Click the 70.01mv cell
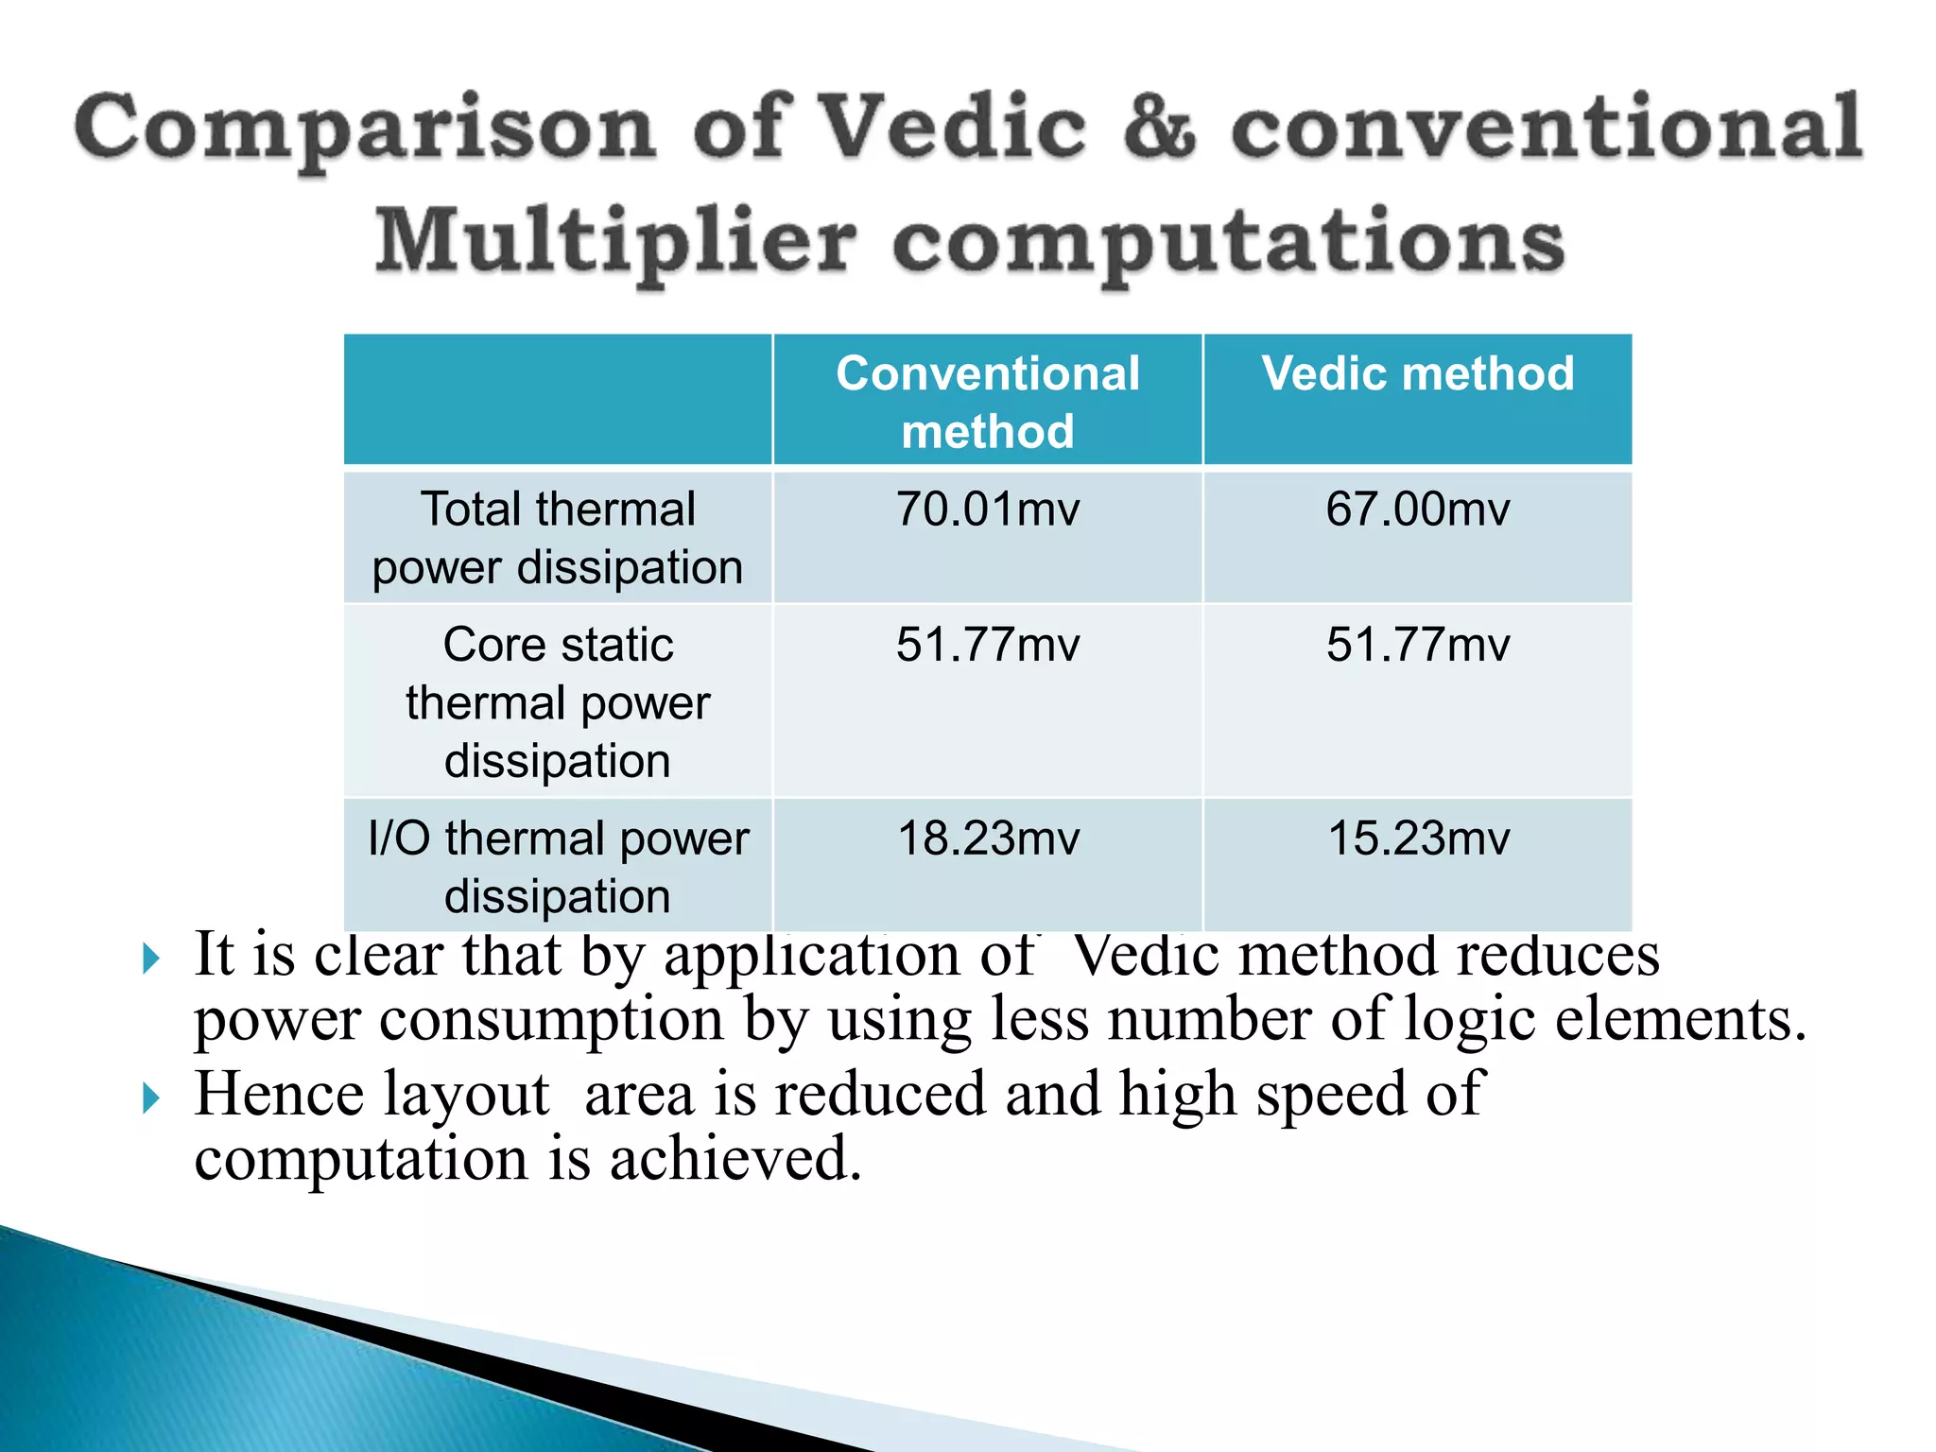tap(988, 510)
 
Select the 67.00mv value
tap(1417, 510)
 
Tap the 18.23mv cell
tap(988, 838)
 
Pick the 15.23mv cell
tap(1418, 838)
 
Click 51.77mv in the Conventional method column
tap(988, 646)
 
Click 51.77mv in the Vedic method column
tap(1417, 646)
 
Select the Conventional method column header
tap(988, 402)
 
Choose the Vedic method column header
tap(1417, 374)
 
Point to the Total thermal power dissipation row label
tap(558, 538)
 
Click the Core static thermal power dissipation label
tap(558, 702)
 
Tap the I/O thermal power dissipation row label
tap(558, 867)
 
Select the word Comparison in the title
tap(365, 130)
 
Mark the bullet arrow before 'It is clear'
tap(151, 959)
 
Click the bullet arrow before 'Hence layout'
tap(151, 1098)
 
